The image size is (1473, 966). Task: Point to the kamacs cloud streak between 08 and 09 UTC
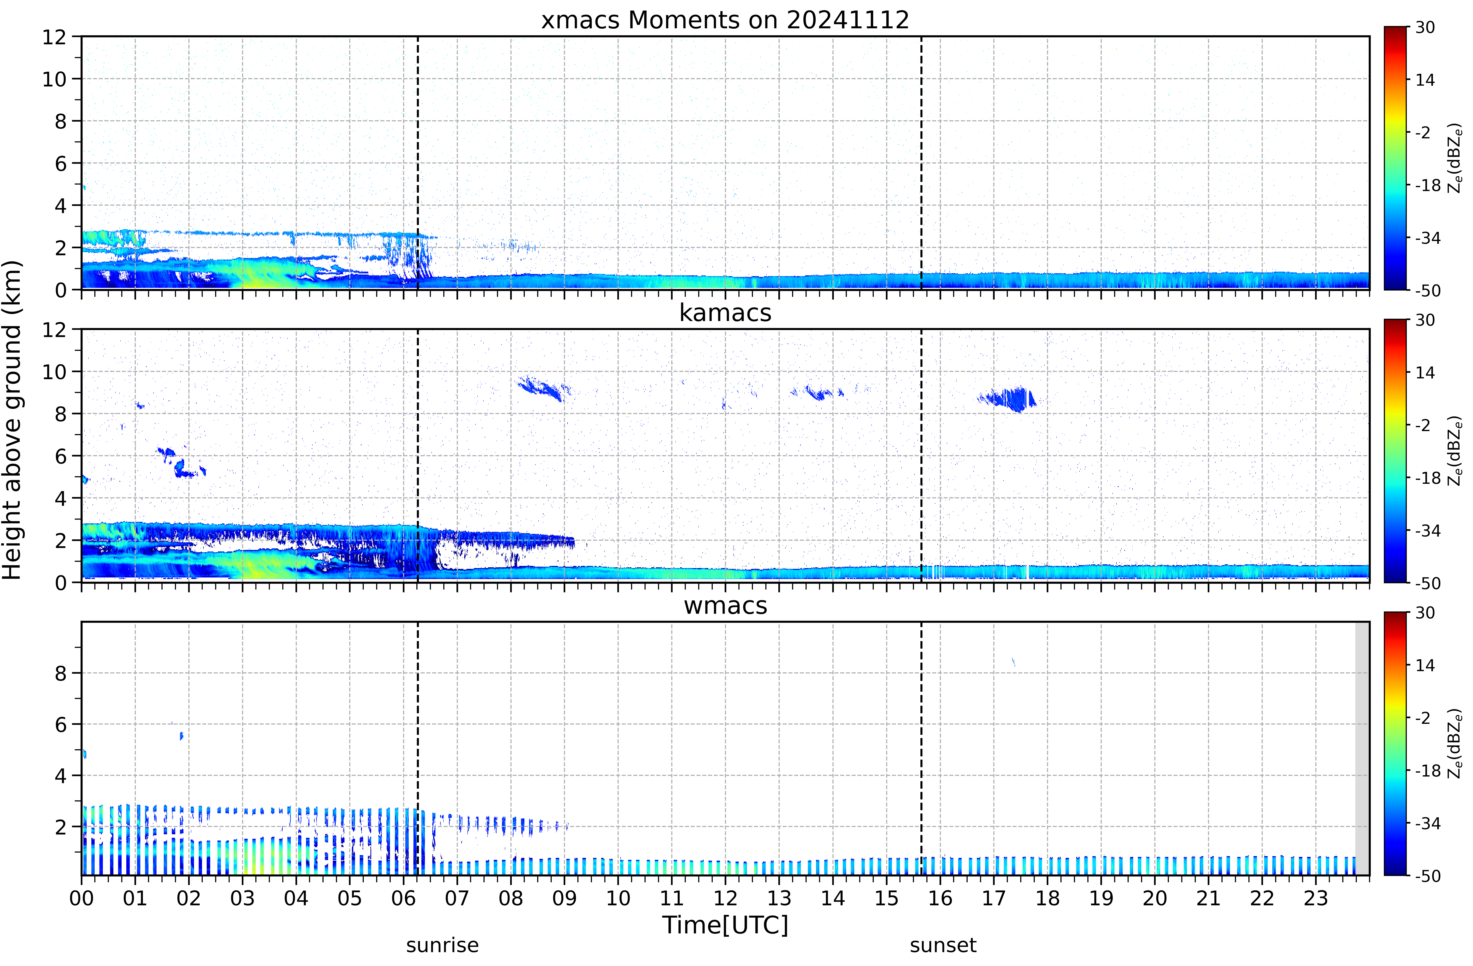click(545, 389)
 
